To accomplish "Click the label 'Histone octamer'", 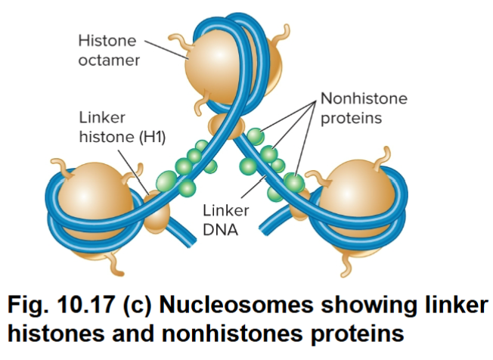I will point(109,48).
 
